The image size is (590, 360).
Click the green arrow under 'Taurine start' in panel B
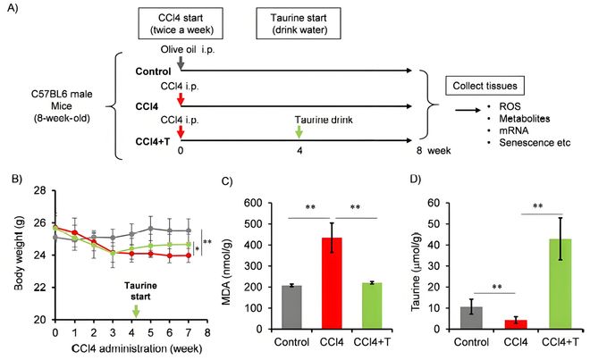136,311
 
